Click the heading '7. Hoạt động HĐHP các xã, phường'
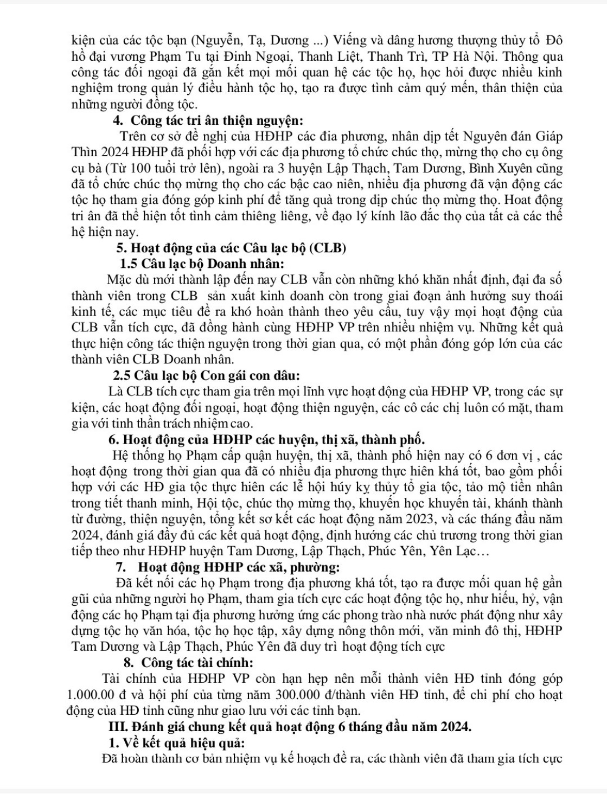click(228, 568)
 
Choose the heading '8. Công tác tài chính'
click(188, 662)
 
